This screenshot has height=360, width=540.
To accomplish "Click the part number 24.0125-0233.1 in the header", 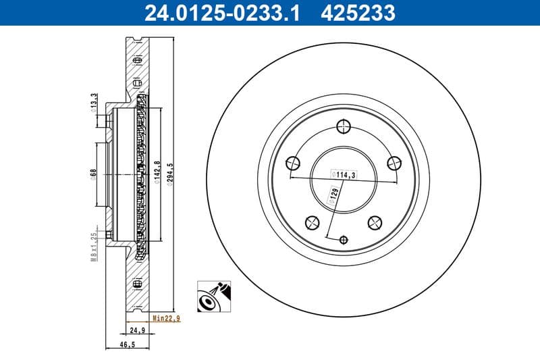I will pos(213,12).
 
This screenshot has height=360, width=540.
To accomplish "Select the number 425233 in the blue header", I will pos(357,12).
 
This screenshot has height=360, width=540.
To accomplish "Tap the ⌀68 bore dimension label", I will pos(94,174).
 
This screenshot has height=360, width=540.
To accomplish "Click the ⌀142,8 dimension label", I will pos(157,172).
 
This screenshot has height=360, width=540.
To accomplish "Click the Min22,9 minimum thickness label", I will pos(166,318).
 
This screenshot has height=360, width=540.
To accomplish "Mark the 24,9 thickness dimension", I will pos(138,330).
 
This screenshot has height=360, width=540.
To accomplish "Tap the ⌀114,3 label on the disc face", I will pos(343,174).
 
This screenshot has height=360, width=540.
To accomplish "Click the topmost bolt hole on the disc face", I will pos(343,126).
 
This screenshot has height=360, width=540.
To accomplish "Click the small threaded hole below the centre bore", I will pos(343,239).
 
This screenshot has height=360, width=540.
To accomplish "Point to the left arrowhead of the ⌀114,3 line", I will pos(291,178).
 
